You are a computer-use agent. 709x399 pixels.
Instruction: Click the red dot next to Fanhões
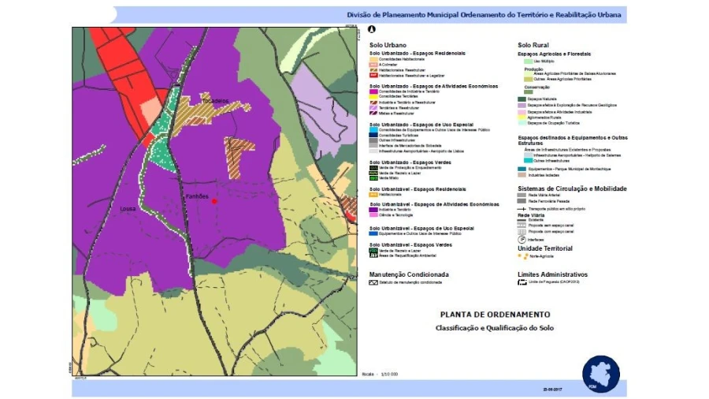click(214, 201)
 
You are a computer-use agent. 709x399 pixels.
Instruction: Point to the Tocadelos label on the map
click(213, 101)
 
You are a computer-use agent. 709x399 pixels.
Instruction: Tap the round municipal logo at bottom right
click(600, 373)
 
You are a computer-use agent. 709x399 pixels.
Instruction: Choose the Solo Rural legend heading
click(533, 45)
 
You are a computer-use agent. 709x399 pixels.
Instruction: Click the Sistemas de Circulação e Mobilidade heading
click(571, 188)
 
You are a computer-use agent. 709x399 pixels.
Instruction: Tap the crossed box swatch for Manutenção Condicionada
click(374, 282)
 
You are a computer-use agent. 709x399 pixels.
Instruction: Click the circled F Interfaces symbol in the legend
click(522, 239)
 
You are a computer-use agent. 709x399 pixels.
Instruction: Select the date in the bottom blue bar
click(554, 389)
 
